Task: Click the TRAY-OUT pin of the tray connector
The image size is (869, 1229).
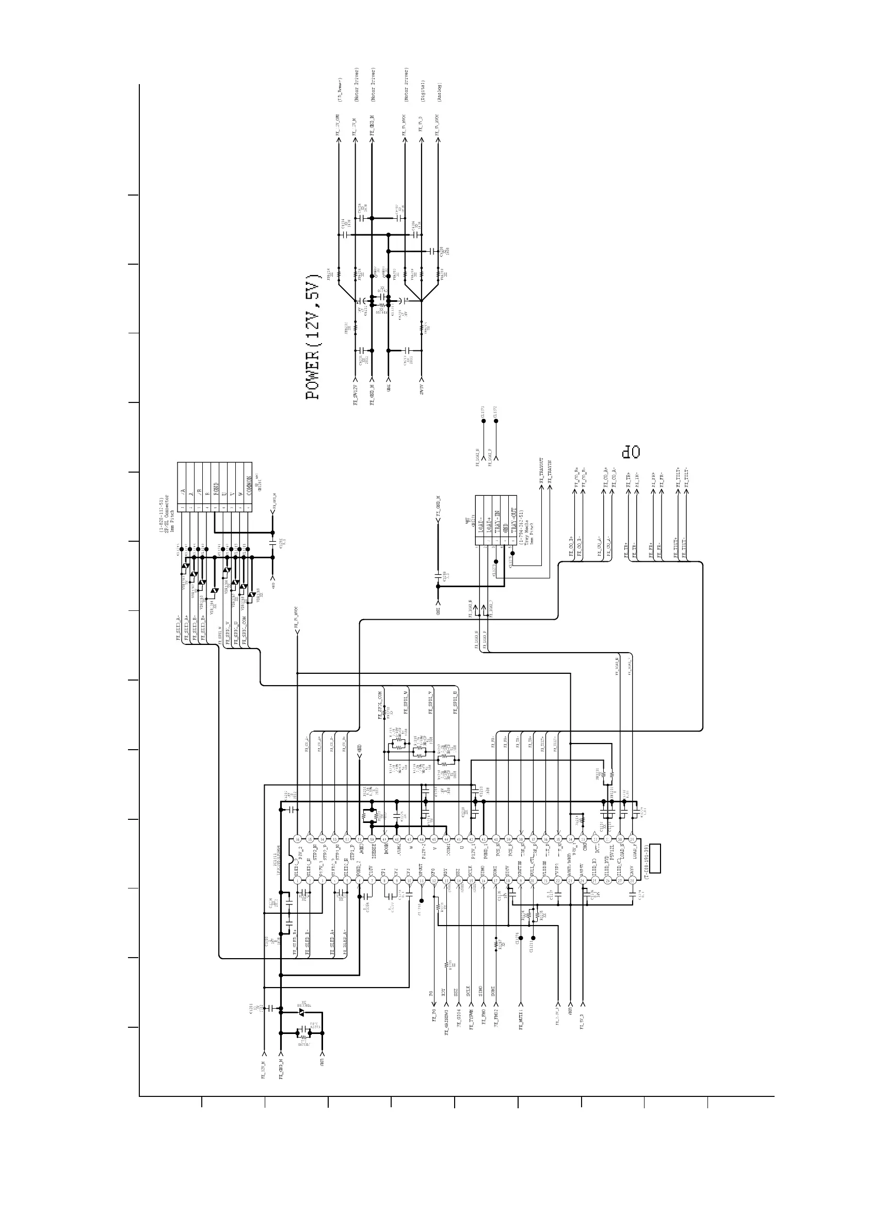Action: tap(512, 521)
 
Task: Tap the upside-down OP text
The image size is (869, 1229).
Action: tap(631, 452)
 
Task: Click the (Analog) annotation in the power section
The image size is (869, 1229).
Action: tap(439, 91)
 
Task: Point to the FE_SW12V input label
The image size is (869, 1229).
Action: tap(356, 395)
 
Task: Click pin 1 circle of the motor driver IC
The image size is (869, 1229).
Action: tap(297, 881)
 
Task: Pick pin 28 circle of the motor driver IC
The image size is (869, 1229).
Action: tap(632, 881)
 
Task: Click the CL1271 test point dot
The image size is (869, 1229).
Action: tap(484, 421)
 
